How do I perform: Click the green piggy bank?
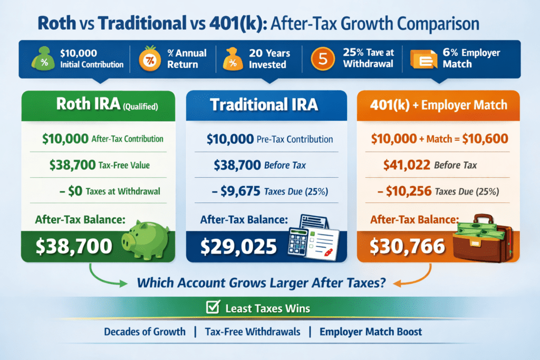point(146,239)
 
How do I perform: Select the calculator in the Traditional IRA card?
point(298,242)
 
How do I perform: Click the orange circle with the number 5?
point(323,59)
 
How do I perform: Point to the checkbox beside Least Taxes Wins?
point(213,307)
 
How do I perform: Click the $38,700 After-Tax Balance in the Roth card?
point(74,247)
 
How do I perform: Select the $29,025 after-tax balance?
point(238,247)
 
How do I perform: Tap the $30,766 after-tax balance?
point(408,247)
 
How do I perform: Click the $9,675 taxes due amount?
point(240,191)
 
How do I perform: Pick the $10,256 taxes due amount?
point(409,191)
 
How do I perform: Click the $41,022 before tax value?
point(407,165)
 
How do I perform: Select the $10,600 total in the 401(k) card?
point(485,139)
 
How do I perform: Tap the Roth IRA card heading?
point(107,104)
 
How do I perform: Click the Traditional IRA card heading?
point(264,105)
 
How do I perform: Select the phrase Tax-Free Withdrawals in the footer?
point(253,332)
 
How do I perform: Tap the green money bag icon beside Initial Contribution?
point(43,59)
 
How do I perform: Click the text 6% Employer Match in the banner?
point(471,58)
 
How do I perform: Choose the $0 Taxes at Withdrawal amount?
point(75,191)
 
